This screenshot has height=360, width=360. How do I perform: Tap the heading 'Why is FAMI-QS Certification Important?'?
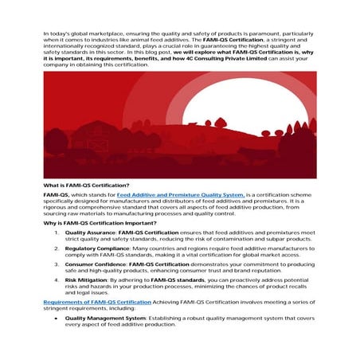click(100, 222)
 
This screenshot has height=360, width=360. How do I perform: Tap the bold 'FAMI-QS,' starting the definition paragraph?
click(57, 194)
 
